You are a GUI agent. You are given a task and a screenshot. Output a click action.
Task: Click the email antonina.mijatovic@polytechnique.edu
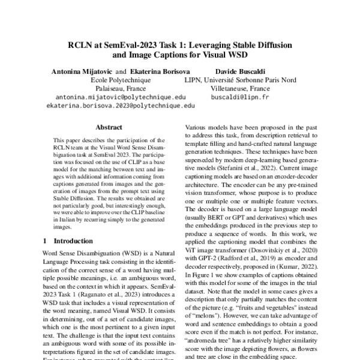pyautogui.click(x=121, y=96)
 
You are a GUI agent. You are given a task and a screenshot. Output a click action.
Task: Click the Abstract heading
pyautogui.click(x=109, y=127)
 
